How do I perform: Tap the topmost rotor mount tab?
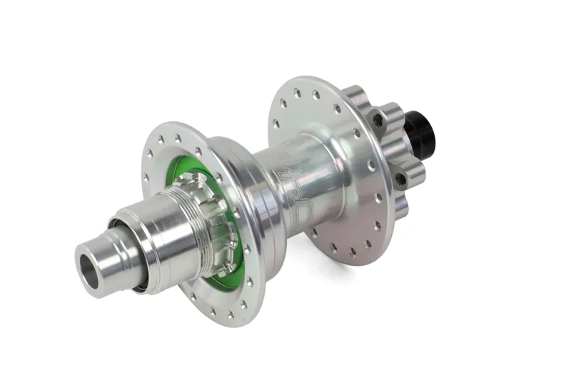(355, 96)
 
